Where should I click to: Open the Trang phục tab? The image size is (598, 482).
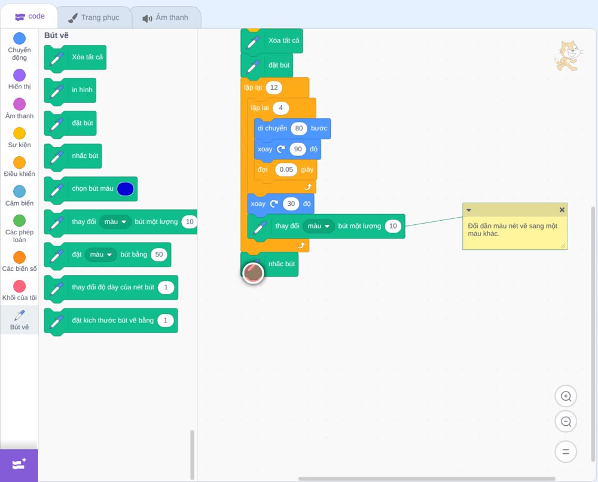click(x=94, y=17)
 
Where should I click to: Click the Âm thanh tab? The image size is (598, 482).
click(x=166, y=17)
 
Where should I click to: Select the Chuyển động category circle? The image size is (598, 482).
click(x=20, y=38)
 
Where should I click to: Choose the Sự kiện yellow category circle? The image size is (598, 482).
click(x=20, y=133)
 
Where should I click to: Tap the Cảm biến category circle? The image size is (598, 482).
click(x=20, y=191)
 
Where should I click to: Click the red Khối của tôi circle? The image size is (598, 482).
click(x=20, y=286)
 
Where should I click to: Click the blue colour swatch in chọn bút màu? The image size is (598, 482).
click(x=126, y=189)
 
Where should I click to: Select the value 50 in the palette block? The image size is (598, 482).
click(x=159, y=254)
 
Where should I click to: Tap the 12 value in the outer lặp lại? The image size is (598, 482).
click(x=274, y=87)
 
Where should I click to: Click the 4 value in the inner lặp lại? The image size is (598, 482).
click(x=280, y=108)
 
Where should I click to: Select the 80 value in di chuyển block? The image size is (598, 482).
click(x=299, y=128)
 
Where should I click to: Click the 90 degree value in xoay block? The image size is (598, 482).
click(x=298, y=149)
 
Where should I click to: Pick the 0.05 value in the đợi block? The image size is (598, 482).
click(x=286, y=169)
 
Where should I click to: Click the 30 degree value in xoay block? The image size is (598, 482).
click(x=291, y=204)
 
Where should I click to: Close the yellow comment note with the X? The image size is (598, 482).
click(x=562, y=210)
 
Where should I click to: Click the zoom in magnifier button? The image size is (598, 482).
click(x=566, y=396)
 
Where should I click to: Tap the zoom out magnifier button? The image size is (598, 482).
click(x=566, y=422)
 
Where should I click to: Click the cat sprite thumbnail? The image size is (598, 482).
click(x=569, y=56)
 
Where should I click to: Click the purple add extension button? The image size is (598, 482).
click(x=19, y=465)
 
